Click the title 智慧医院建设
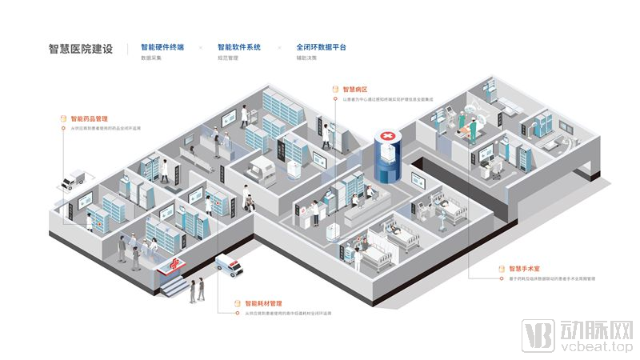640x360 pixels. click(x=81, y=49)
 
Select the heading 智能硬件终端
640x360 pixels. click(x=162, y=47)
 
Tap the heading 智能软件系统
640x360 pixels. click(x=240, y=47)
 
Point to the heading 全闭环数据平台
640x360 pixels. click(x=321, y=47)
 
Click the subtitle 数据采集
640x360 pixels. click(x=151, y=58)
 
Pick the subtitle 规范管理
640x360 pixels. click(x=228, y=58)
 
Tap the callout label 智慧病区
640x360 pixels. click(x=354, y=90)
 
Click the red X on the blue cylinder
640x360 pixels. click(x=389, y=139)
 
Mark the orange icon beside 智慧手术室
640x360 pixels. click(x=502, y=269)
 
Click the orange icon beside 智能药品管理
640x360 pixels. click(x=63, y=118)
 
